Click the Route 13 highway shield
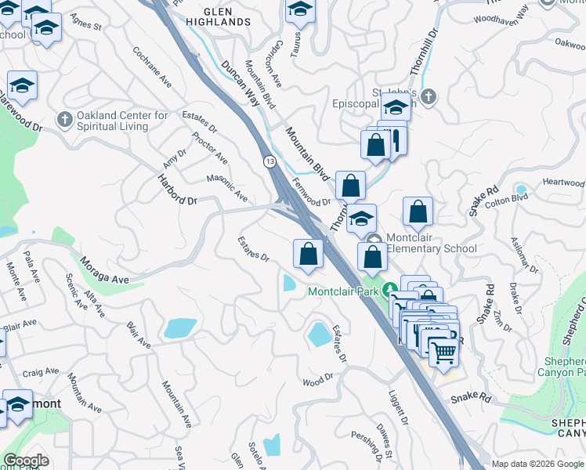(269, 161)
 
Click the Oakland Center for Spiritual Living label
(122, 121)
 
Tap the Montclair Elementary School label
(432, 244)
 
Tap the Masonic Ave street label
(227, 186)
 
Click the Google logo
(26, 461)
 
